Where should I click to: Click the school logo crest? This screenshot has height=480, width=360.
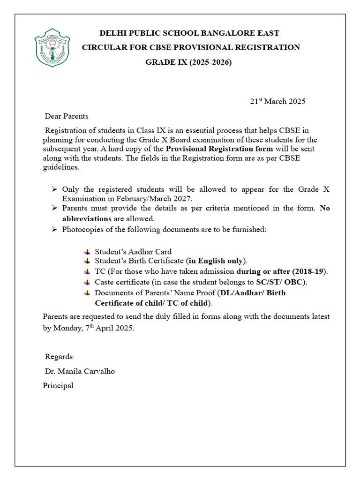(x=52, y=47)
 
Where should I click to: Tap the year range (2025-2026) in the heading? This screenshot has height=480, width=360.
(x=210, y=62)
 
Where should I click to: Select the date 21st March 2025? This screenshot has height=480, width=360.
(x=277, y=101)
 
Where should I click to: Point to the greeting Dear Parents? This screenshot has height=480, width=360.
(x=66, y=116)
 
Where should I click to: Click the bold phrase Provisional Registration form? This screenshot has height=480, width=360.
(x=219, y=149)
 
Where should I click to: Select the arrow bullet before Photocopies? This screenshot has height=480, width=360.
(x=54, y=229)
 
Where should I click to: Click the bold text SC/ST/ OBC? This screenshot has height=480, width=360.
(x=280, y=282)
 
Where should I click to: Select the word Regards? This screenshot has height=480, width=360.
(x=59, y=357)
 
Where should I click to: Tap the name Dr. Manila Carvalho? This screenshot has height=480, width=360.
(x=80, y=371)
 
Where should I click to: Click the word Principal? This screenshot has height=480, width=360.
(x=58, y=386)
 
